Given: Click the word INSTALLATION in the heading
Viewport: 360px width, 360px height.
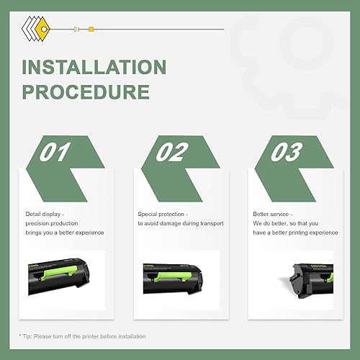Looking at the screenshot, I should [94, 68].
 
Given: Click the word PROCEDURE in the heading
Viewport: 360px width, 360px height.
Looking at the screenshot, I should [86, 92].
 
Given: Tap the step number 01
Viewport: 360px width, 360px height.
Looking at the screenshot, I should [57, 153].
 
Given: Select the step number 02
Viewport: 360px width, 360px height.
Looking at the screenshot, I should [172, 153].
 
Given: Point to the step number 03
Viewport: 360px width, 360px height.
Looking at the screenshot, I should [287, 153].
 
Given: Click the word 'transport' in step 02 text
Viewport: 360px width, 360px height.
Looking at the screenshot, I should [210, 223].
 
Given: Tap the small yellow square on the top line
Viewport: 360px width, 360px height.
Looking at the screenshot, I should [91, 30].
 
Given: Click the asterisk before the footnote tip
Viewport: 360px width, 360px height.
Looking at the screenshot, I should [19, 336].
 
